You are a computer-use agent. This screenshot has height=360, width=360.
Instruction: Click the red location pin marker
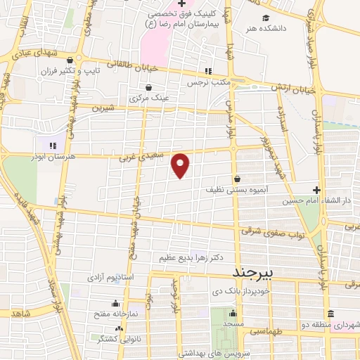pyautogui.click(x=181, y=165)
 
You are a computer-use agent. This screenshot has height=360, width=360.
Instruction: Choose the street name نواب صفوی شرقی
pyautogui.click(x=273, y=233)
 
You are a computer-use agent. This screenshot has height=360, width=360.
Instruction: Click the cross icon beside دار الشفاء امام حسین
pyautogui.click(x=316, y=190)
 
